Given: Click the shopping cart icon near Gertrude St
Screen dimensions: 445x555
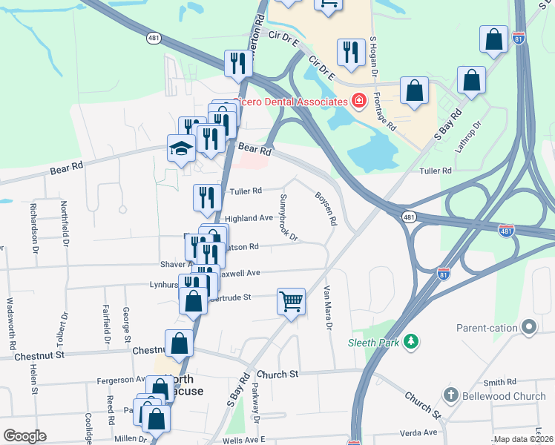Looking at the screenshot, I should tap(292, 302).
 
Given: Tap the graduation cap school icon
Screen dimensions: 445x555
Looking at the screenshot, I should tap(181, 148).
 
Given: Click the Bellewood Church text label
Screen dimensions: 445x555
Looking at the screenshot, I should tap(505, 396).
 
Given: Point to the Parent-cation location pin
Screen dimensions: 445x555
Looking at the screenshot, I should tap(529, 326).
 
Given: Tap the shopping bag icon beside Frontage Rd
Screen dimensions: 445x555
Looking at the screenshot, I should tap(415, 91).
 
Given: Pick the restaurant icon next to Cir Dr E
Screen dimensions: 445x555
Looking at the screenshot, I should tap(350, 52).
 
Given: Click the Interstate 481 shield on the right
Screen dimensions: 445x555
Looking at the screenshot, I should tap(505, 231).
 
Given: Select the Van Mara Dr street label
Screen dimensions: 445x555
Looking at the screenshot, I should tap(327, 308).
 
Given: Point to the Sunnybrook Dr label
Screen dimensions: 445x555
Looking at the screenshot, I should tap(289, 217).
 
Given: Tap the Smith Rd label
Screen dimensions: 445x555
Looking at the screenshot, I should tap(499, 383).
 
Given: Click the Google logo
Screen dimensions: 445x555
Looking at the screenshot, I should tap(25, 436).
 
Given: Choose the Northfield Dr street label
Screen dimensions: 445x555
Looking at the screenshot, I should tap(65, 224).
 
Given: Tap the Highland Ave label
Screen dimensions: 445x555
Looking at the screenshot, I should tap(249, 218).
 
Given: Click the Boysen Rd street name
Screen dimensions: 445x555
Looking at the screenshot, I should tap(326, 211).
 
